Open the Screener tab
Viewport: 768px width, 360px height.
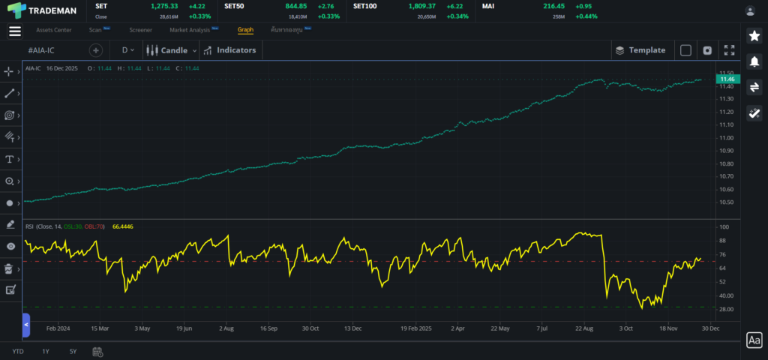coord(140,30)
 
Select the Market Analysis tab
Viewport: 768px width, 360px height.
coord(190,30)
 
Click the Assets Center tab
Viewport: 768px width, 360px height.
coord(54,30)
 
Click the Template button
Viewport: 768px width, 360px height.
coord(640,50)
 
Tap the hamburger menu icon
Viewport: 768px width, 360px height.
coord(14,31)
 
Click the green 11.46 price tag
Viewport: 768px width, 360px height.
coord(726,79)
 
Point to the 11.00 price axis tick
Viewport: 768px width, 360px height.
coord(725,138)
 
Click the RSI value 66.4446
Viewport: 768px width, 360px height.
coord(122,226)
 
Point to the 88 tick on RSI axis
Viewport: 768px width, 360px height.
coord(723,241)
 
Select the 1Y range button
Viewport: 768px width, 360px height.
coord(46,351)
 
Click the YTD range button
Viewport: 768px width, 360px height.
coord(17,351)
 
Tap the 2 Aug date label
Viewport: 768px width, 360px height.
coord(226,328)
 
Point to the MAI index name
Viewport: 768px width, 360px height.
coord(488,6)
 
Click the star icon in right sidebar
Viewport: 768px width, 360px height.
coord(754,36)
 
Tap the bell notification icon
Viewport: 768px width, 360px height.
coord(754,61)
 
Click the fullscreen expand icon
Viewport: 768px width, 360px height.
coord(729,50)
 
